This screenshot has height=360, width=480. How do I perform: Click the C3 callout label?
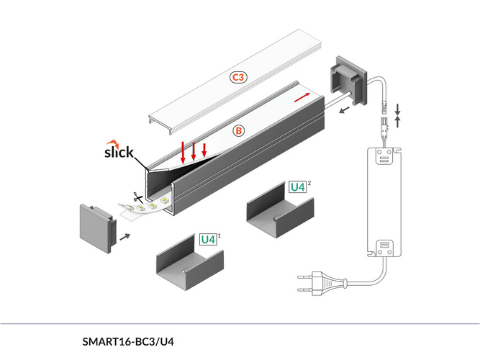tap(239, 76)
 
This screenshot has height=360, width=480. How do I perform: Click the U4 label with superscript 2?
tap(297, 186)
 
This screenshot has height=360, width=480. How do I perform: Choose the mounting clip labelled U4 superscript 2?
tap(281, 213)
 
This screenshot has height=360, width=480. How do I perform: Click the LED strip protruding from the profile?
tap(151, 206)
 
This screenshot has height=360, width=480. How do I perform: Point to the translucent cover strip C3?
tap(237, 79)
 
